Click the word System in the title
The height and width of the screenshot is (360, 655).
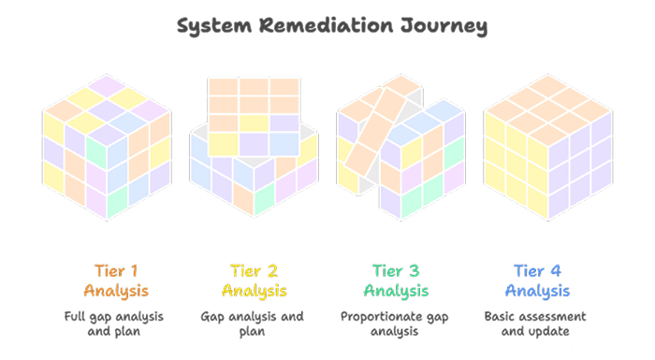click(x=214, y=26)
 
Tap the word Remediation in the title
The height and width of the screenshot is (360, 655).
click(x=327, y=25)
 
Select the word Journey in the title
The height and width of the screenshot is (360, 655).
click(x=444, y=26)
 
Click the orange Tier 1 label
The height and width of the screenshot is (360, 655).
click(x=116, y=271)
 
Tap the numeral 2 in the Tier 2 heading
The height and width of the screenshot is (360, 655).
click(x=272, y=271)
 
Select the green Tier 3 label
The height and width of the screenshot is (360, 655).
click(x=396, y=271)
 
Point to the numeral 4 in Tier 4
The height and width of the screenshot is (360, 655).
click(x=556, y=271)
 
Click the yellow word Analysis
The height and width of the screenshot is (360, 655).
click(x=254, y=291)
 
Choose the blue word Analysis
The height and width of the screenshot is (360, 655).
click(x=537, y=291)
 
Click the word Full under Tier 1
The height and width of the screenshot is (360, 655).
click(x=74, y=317)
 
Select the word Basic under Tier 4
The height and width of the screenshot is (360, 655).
click(x=498, y=317)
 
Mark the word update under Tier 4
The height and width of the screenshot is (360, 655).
click(x=551, y=332)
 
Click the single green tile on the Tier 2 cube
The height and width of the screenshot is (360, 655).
click(x=265, y=199)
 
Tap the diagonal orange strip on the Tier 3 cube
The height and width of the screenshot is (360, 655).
click(x=374, y=133)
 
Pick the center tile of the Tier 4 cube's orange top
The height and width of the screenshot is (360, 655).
click(x=547, y=110)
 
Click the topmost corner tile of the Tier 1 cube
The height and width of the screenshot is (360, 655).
click(x=107, y=86)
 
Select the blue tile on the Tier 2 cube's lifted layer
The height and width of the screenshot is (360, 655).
click(x=284, y=144)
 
